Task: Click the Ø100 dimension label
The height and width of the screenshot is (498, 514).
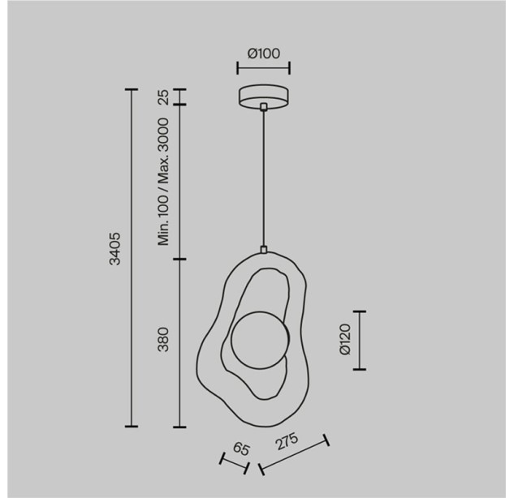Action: tap(264, 54)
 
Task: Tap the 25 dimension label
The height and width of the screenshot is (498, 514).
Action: tap(163, 97)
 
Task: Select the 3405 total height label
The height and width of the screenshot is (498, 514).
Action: tap(115, 249)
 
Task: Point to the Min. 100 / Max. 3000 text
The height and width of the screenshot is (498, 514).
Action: tap(163, 182)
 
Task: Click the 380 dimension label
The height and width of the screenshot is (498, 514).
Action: tap(163, 340)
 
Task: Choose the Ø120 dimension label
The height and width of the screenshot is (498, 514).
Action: tap(345, 340)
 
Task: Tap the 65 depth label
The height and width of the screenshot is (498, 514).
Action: tap(242, 449)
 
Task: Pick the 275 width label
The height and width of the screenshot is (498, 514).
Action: tap(287, 441)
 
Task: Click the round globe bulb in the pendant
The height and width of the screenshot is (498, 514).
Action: tap(260, 340)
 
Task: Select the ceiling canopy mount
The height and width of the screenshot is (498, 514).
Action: tap(264, 97)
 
